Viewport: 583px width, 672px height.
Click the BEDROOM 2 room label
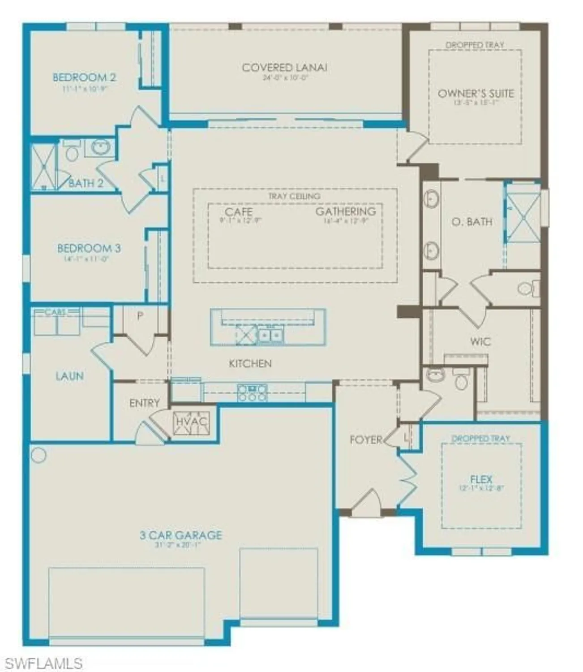tap(84, 78)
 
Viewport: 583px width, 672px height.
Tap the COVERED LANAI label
tap(284, 68)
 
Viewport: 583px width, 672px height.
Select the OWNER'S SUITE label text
tap(476, 94)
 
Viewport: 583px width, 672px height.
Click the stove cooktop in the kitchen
tap(253, 393)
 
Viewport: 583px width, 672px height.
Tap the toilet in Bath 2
tap(72, 151)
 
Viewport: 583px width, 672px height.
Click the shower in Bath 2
tap(44, 166)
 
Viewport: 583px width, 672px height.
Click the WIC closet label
tap(480, 342)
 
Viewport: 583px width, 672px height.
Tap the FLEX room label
tap(481, 479)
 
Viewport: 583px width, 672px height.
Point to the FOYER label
tap(366, 440)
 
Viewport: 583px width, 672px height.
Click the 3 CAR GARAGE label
tap(180, 535)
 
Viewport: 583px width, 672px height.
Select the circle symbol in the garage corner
tap(39, 456)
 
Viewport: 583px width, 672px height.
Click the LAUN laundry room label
tap(69, 376)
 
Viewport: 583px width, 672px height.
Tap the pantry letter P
tap(140, 316)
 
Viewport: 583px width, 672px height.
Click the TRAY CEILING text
tap(294, 196)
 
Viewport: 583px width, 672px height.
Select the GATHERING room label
tap(345, 211)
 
